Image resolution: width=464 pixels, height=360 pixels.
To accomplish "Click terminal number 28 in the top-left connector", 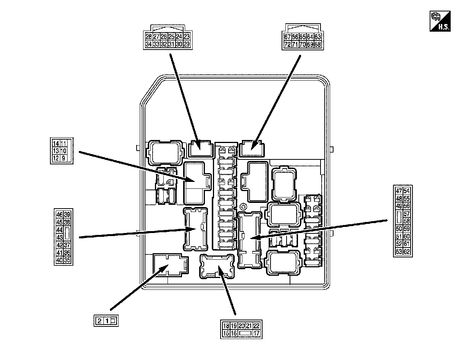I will (148, 37).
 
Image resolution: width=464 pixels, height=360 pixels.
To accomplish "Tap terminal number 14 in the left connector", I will (56, 143).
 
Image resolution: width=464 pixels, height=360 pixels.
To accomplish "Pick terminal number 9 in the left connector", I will (64, 158).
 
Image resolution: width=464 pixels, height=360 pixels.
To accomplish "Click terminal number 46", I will (59, 214).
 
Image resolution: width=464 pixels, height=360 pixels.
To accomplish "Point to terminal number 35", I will (67, 260).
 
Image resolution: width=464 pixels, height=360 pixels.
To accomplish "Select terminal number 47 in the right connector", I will (399, 191).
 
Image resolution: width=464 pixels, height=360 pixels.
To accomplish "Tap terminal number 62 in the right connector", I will (406, 251).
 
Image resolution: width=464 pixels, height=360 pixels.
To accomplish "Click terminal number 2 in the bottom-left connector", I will (99, 321).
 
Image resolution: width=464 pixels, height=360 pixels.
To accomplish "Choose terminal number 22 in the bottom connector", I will (256, 326).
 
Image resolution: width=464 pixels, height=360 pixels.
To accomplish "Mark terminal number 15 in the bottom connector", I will (226, 333).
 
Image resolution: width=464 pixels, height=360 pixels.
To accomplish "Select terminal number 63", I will (317, 37).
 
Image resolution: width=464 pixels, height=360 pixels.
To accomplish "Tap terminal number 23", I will (187, 37).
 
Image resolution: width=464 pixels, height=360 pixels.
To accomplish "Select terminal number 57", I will (406, 214).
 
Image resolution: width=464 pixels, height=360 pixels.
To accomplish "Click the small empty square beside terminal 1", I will (113, 321).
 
